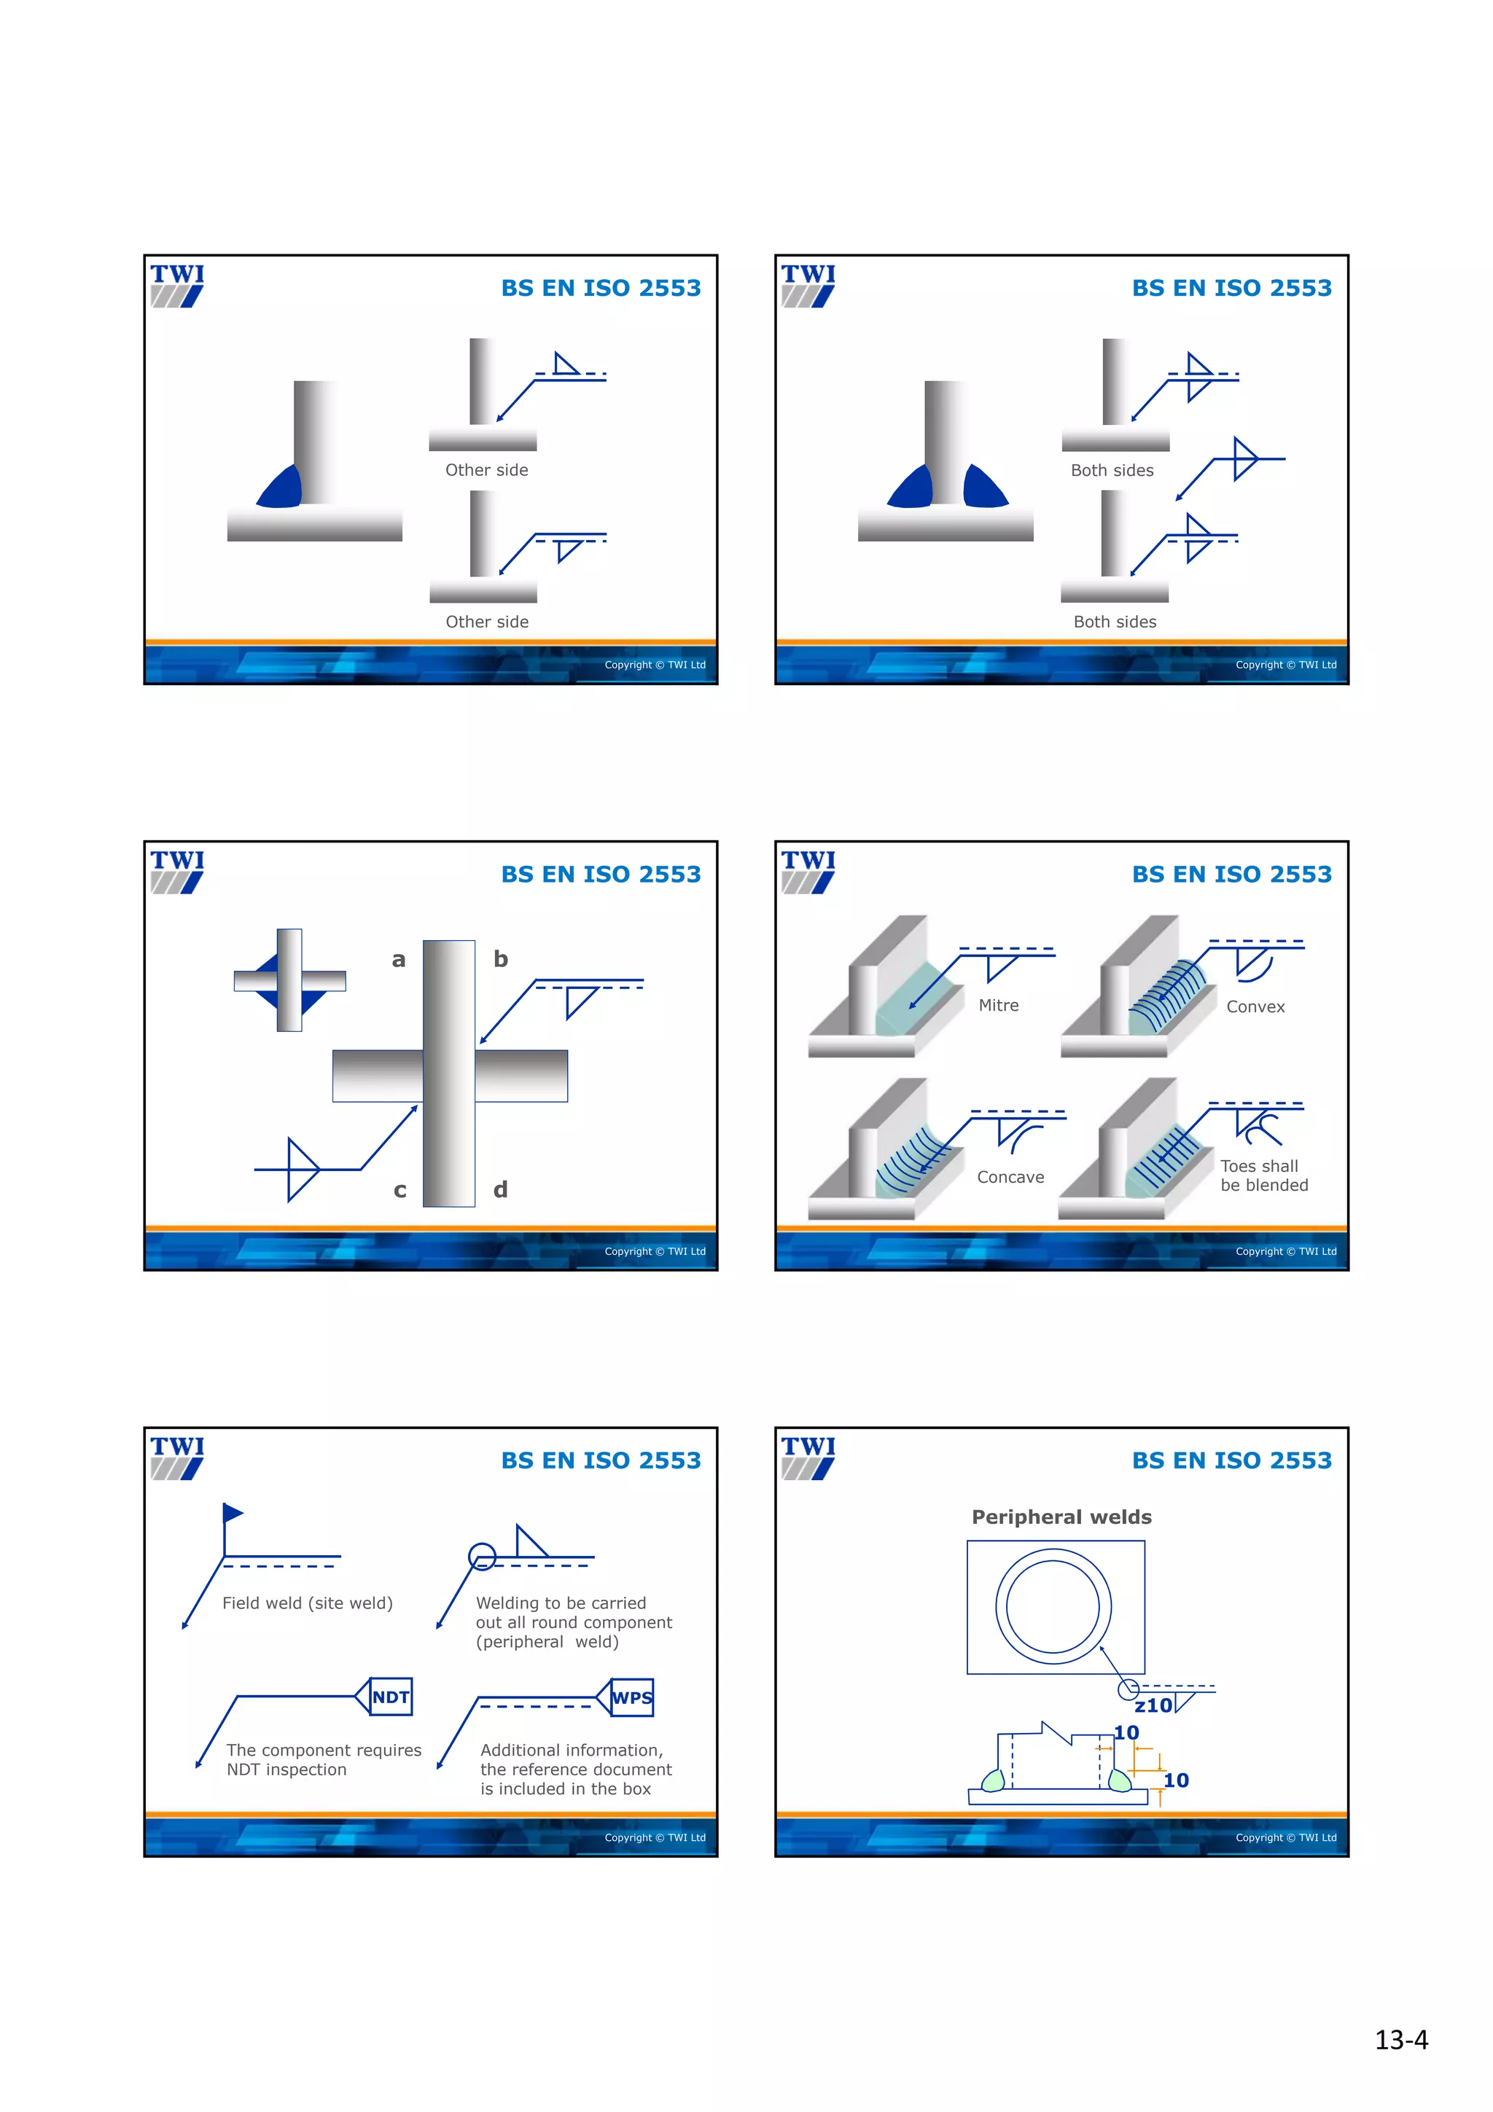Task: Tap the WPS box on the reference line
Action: (x=632, y=1697)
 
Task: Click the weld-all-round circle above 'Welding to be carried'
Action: (x=482, y=1557)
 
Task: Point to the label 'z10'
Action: (x=1153, y=1705)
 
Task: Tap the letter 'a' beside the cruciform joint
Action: (x=398, y=959)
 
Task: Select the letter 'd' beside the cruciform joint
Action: (x=500, y=1189)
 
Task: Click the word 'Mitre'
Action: (x=998, y=1006)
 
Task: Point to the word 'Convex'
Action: (x=1255, y=1006)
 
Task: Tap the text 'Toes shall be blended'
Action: (x=1263, y=1176)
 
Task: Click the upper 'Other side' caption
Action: (x=487, y=470)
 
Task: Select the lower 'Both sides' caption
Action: (x=1115, y=622)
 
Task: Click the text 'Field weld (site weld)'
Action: (x=307, y=1603)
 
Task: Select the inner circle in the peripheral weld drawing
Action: (x=1053, y=1606)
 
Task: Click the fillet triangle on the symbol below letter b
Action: (x=580, y=1000)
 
